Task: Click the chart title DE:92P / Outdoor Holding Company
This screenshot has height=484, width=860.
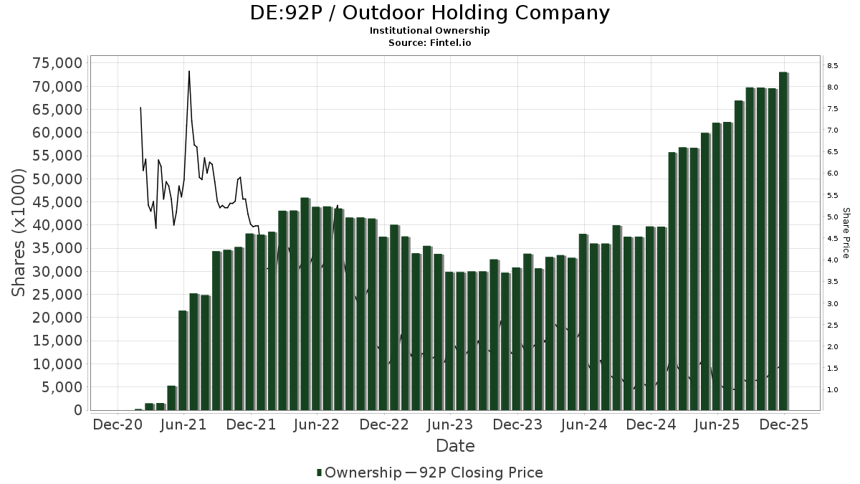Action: [429, 13]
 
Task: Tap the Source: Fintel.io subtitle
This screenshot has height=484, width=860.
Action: [429, 42]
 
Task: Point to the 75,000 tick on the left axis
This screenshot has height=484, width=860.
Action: [58, 63]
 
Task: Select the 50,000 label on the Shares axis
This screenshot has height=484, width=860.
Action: [58, 179]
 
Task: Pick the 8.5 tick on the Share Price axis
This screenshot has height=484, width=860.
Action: [832, 65]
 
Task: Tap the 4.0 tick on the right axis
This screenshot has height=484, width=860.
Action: [832, 260]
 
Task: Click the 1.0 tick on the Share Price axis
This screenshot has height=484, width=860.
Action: [832, 390]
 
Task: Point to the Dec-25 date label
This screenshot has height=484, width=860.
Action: [784, 424]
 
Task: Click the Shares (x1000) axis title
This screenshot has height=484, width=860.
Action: [19, 232]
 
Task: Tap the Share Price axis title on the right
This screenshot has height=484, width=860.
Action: [846, 233]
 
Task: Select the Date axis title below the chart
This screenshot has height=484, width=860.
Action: [455, 446]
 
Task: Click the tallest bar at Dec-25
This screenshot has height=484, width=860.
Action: [783, 241]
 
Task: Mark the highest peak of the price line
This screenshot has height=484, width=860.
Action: [189, 71]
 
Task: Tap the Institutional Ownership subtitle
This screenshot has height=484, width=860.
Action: [429, 31]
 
